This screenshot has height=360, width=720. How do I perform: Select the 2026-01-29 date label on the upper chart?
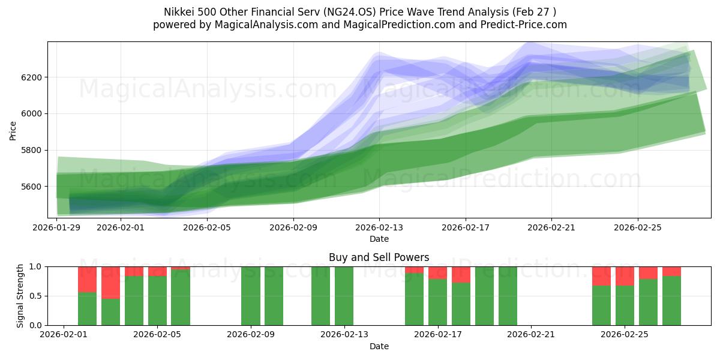[57, 227]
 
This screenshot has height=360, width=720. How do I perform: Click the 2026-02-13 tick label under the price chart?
[379, 227]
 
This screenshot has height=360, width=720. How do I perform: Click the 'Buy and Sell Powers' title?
[379, 257]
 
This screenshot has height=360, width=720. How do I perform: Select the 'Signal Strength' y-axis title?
[21, 296]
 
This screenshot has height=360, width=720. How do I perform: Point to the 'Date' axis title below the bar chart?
[379, 346]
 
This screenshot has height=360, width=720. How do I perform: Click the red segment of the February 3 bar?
[110, 282]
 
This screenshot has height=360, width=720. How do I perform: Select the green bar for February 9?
[251, 296]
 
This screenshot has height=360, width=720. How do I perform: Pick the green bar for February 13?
[344, 296]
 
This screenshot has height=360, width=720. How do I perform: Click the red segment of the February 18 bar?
[461, 274]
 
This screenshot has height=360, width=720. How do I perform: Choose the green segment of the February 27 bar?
[671, 300]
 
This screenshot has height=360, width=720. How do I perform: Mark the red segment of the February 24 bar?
[601, 276]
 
